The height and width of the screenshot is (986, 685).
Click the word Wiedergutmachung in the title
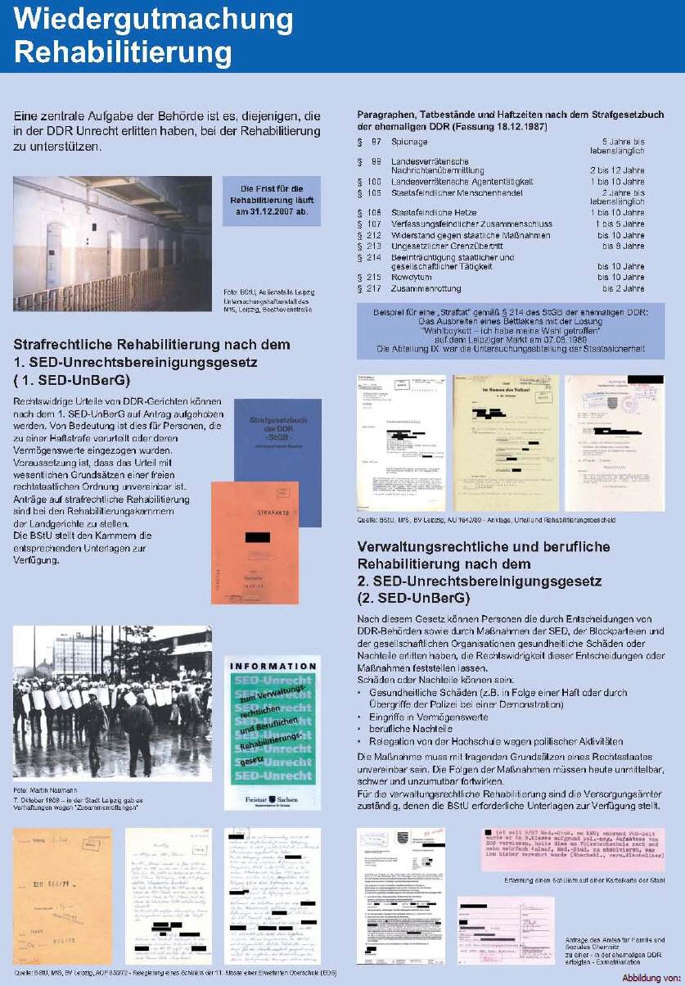(x=154, y=19)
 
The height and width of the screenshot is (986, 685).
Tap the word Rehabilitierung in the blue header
(x=124, y=52)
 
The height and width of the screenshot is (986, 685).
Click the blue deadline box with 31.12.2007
(x=272, y=200)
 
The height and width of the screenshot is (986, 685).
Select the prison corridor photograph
(x=112, y=243)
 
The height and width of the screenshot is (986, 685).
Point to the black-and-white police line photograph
(x=112, y=702)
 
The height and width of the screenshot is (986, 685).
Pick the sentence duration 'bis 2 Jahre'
(x=623, y=288)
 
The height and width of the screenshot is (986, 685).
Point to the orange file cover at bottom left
(x=62, y=894)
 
